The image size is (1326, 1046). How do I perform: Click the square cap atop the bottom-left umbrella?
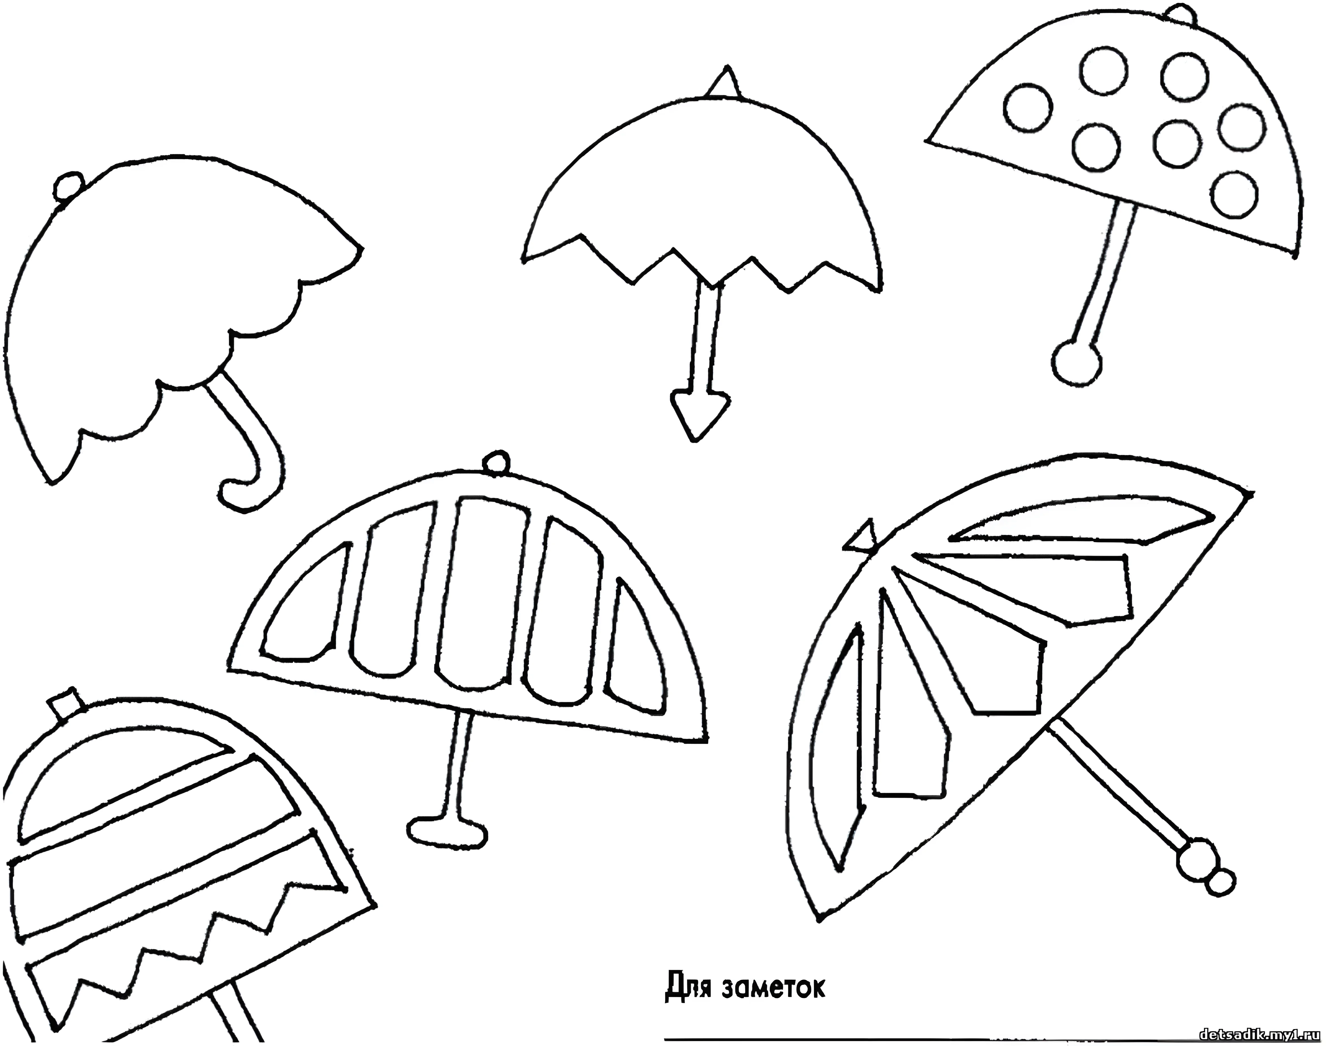coord(66,704)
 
